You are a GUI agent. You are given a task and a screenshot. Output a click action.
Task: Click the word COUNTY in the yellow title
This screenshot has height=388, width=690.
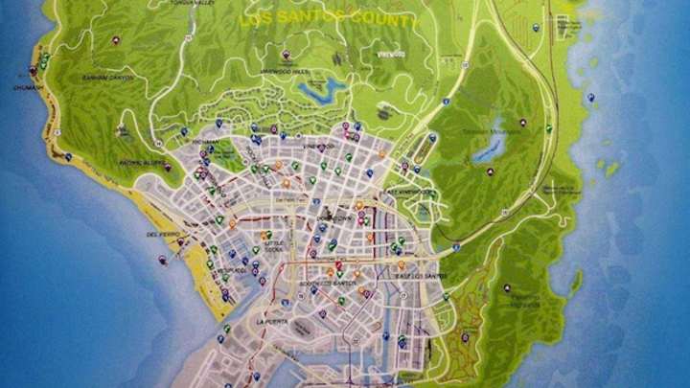[382, 20]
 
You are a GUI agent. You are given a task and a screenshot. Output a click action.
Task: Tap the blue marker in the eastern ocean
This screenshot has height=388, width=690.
[591, 98]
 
